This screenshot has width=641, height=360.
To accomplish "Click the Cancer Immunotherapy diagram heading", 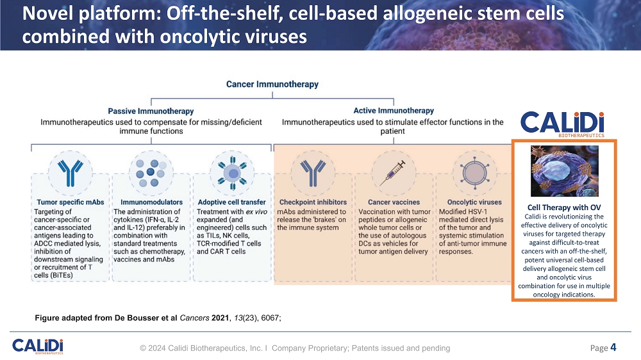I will pyautogui.click(x=272, y=84).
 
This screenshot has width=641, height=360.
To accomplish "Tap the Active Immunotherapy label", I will pyautogui.click(x=394, y=111).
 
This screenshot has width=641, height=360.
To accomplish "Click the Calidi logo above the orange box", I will pyautogui.click(x=562, y=124).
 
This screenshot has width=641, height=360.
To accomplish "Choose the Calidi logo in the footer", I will pyautogui.click(x=38, y=346).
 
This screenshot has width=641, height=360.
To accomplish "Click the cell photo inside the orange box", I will pyautogui.click(x=564, y=170).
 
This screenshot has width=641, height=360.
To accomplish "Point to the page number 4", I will pyautogui.click(x=613, y=347).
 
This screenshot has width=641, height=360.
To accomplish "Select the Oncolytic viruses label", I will pyautogui.click(x=465, y=202).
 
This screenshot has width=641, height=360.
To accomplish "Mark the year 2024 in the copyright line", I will pyautogui.click(x=158, y=348).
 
